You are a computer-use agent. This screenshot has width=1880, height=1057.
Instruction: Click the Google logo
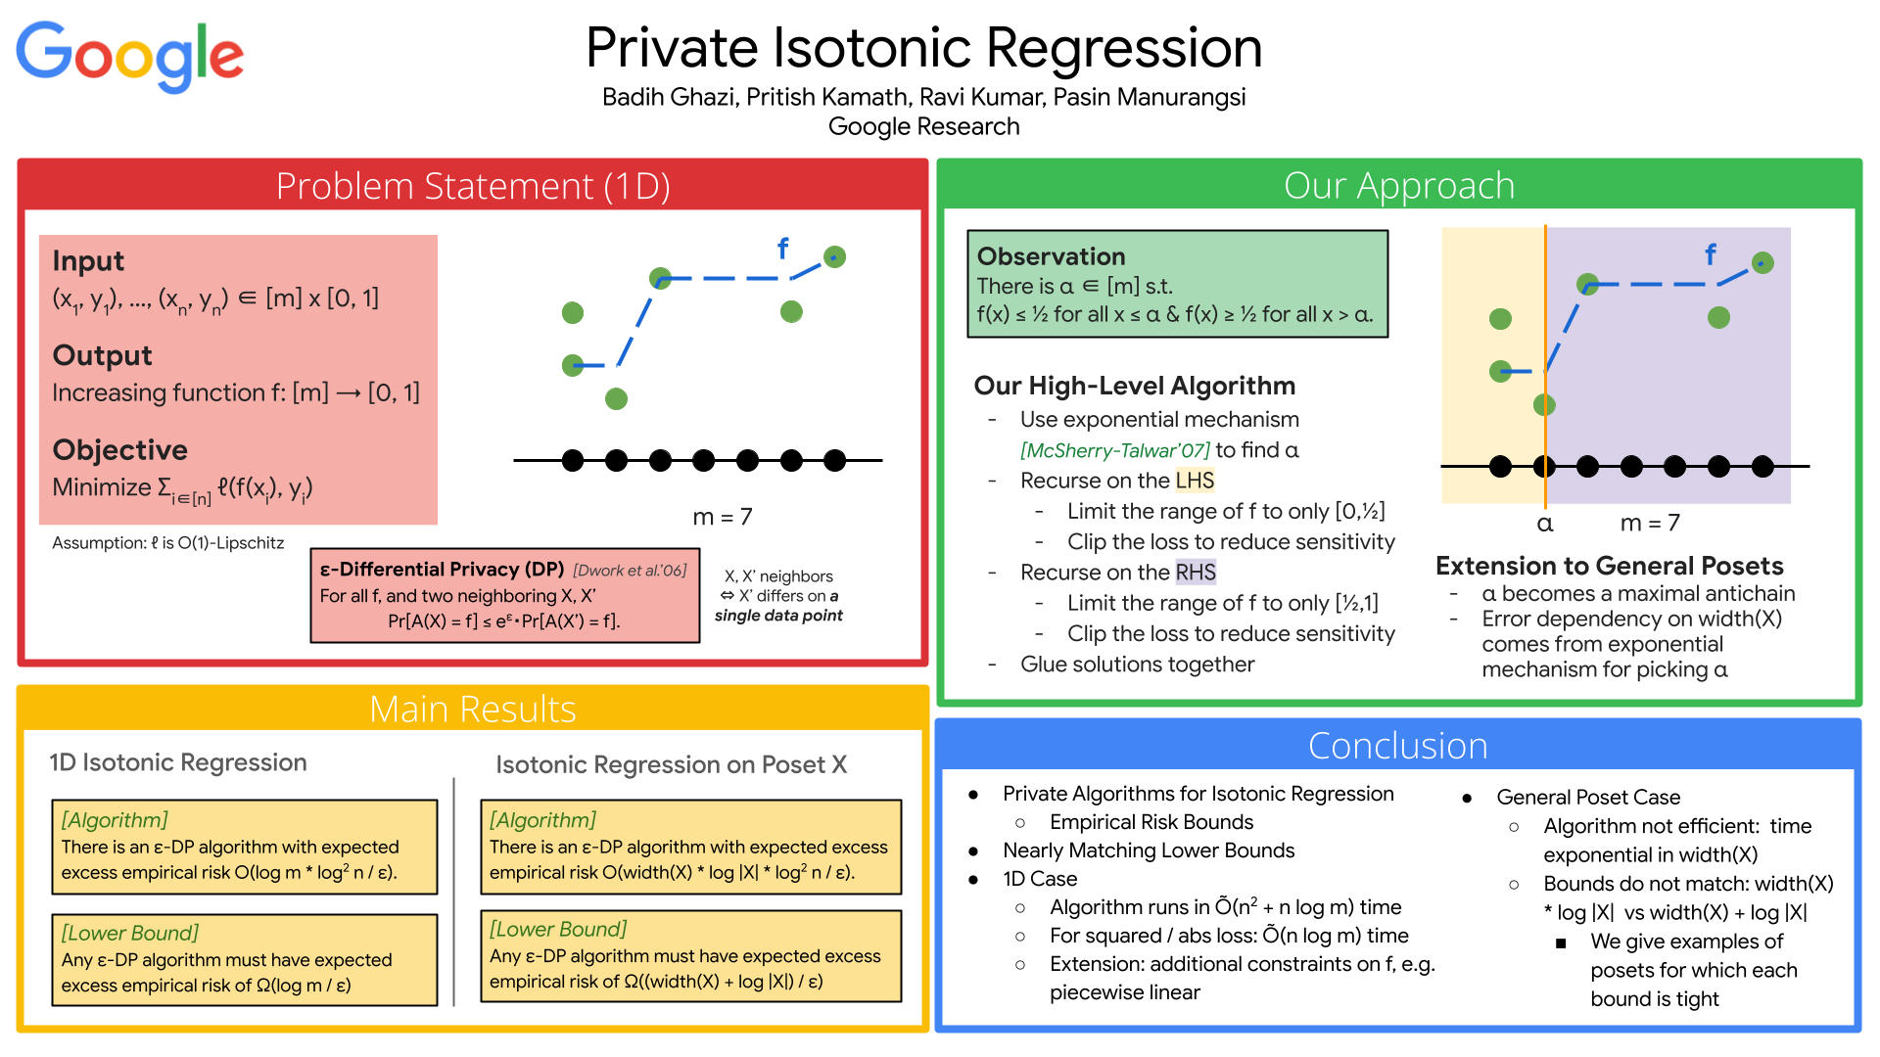pyautogui.click(x=129, y=57)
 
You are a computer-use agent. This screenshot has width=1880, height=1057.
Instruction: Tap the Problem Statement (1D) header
pyautogui.click(x=472, y=186)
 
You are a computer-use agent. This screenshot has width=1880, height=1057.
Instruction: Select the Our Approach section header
pyautogui.click(x=1398, y=185)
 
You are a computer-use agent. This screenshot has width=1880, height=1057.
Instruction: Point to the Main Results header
pyautogui.click(x=472, y=709)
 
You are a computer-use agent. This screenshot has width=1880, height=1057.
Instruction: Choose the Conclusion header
pyautogui.click(x=1397, y=746)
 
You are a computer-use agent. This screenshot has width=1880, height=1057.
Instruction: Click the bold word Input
pyautogui.click(x=88, y=261)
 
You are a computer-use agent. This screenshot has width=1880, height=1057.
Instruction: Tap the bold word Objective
pyautogui.click(x=119, y=450)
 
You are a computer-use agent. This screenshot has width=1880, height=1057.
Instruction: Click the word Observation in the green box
pyautogui.click(x=1051, y=256)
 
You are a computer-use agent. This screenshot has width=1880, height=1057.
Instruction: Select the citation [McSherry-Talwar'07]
pyautogui.click(x=1114, y=450)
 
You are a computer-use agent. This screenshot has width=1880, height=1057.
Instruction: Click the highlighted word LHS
pyautogui.click(x=1195, y=481)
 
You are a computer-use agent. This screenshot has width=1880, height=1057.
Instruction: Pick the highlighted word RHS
pyautogui.click(x=1196, y=573)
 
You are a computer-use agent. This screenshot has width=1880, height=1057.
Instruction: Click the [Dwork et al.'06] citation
pyautogui.click(x=630, y=570)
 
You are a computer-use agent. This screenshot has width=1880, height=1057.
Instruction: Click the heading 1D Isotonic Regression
pyautogui.click(x=178, y=762)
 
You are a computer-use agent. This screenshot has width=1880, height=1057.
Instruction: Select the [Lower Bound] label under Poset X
pyautogui.click(x=557, y=929)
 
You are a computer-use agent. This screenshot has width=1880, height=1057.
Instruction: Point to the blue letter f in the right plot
pyautogui.click(x=1710, y=255)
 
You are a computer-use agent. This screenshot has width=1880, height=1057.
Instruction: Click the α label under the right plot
pyautogui.click(x=1544, y=524)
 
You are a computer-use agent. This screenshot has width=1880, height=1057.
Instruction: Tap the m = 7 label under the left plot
pyautogui.click(x=723, y=517)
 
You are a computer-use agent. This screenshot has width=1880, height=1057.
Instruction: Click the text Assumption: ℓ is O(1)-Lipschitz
pyautogui.click(x=167, y=543)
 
